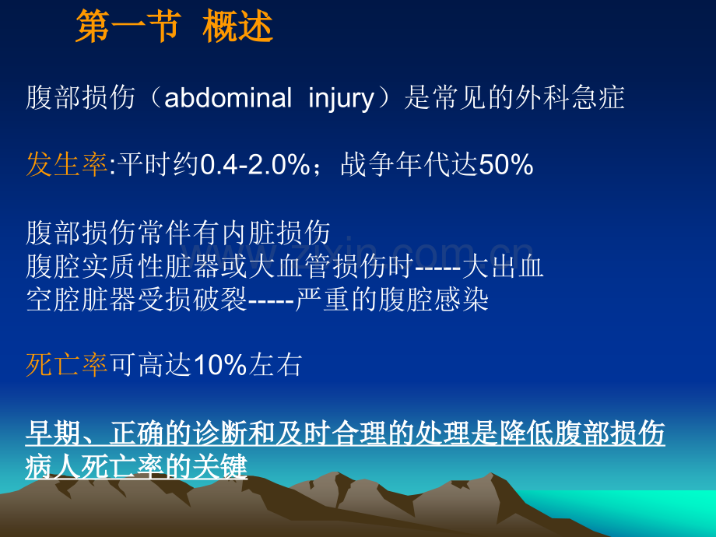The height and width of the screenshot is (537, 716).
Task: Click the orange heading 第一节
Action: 128,26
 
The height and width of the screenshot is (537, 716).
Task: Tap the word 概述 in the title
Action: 238,26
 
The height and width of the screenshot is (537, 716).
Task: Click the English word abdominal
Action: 228,98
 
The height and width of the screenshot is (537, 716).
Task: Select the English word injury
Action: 342,99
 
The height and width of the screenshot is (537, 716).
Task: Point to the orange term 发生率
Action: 67,164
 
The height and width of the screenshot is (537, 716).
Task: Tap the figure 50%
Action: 507,165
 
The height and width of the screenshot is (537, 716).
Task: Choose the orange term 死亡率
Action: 67,365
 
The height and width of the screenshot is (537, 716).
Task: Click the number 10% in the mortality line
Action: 220,365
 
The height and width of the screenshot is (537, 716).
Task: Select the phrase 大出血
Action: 503,266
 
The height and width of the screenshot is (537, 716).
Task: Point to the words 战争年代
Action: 395,164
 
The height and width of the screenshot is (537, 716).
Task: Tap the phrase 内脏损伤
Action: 276,233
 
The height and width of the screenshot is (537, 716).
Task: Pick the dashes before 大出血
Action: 438,268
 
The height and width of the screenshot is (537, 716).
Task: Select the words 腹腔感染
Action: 433,300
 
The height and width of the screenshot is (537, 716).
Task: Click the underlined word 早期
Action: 54,433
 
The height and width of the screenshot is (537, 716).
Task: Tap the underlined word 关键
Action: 220,466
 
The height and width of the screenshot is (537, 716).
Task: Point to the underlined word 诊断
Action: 220,433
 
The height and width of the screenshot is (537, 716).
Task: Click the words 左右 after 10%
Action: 275,365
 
